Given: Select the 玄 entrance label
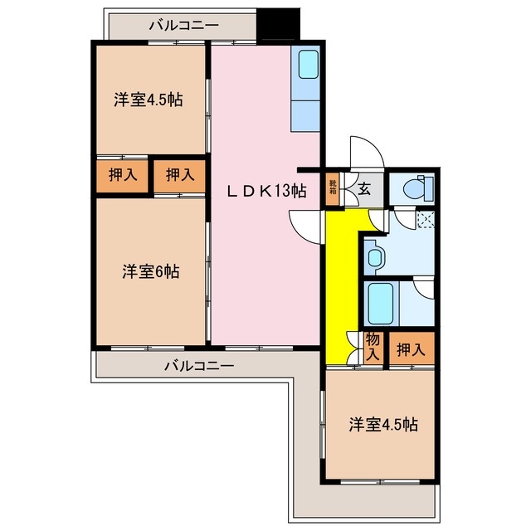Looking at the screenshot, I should [363, 188].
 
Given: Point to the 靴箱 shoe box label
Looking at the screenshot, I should [333, 187].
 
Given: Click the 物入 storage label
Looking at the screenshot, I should [373, 346].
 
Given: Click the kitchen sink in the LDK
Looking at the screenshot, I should [308, 65].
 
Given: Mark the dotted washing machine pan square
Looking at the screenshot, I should [426, 220].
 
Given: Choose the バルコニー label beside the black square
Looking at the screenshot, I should [184, 25].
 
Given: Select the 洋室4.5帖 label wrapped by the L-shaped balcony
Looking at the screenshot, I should [382, 425].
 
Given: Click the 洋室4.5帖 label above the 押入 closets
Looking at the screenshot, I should [149, 100].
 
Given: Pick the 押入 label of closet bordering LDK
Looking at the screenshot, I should [180, 174].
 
